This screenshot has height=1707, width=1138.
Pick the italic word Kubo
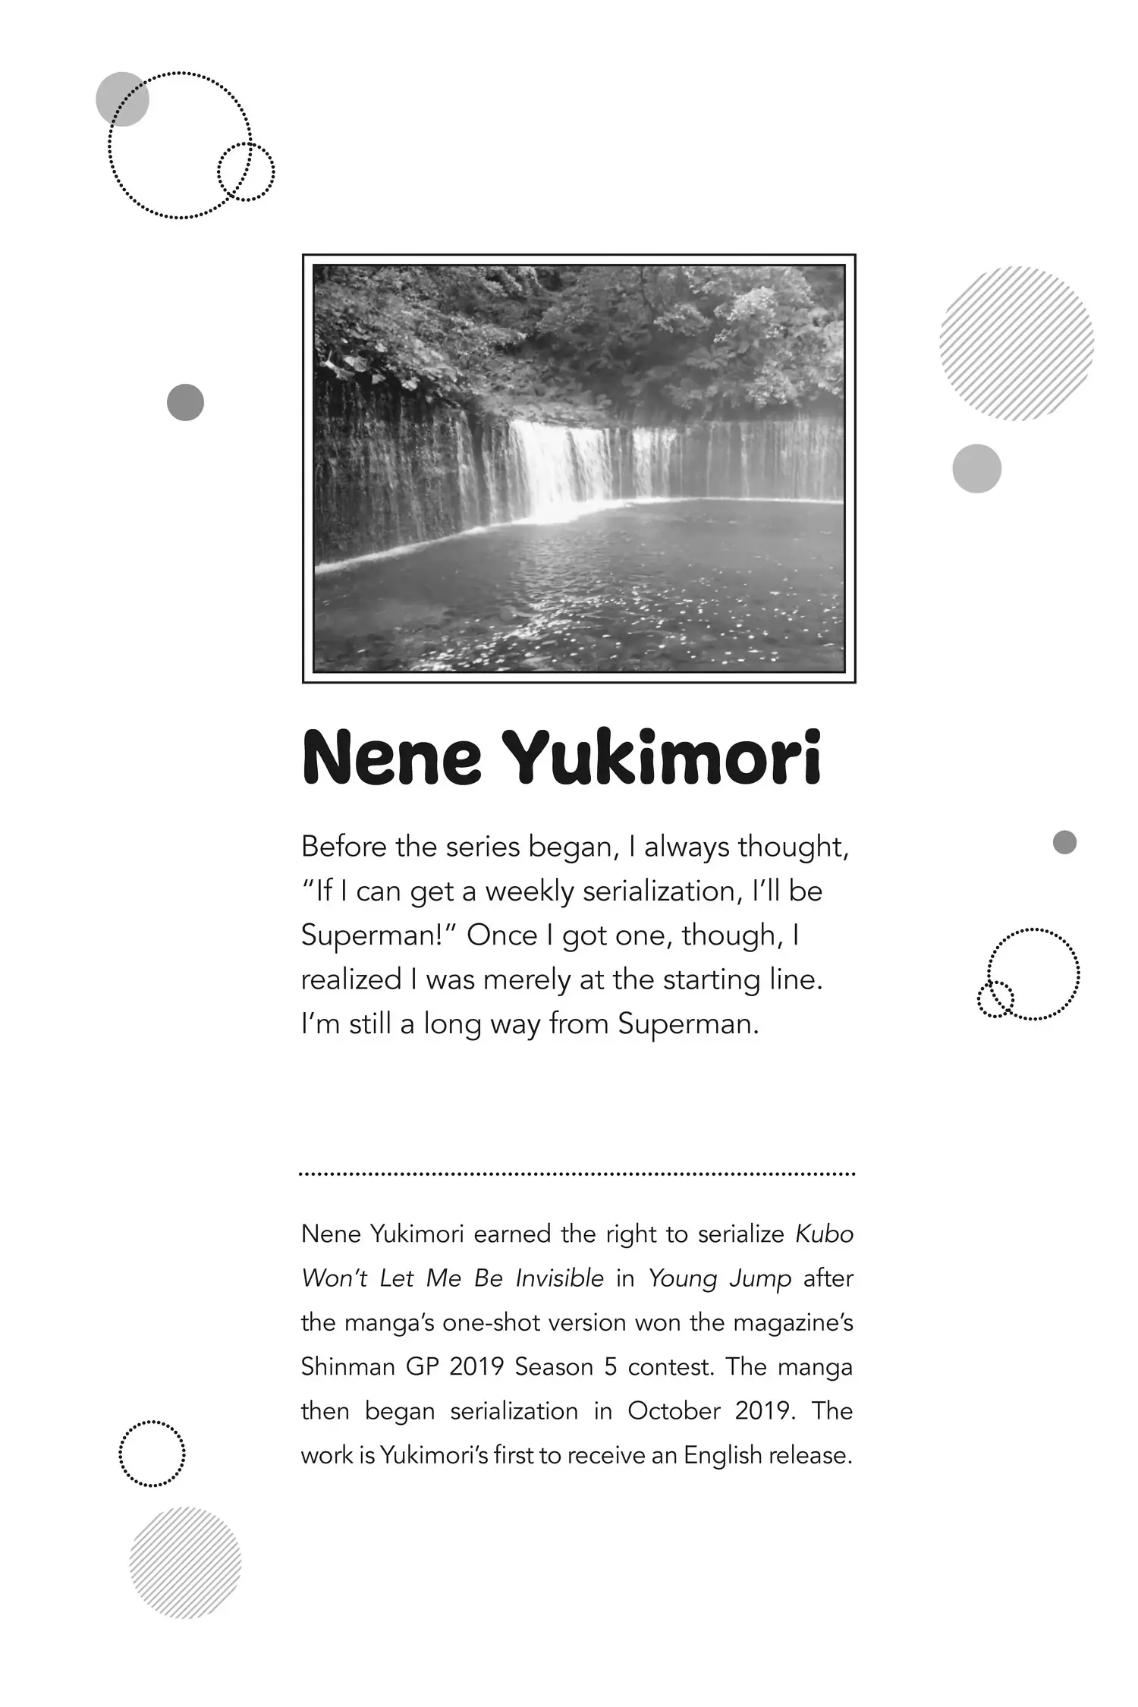click(x=824, y=1234)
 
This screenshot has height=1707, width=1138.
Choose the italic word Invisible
click(x=559, y=1278)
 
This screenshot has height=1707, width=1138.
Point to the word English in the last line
click(x=722, y=1455)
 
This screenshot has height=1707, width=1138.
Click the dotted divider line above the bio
click(x=577, y=1174)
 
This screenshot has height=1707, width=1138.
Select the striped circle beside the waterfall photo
click(x=1016, y=343)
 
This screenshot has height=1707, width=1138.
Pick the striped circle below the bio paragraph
click(x=185, y=1563)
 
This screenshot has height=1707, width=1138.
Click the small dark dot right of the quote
click(x=1064, y=842)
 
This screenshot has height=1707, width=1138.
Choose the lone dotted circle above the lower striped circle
click(x=152, y=1453)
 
